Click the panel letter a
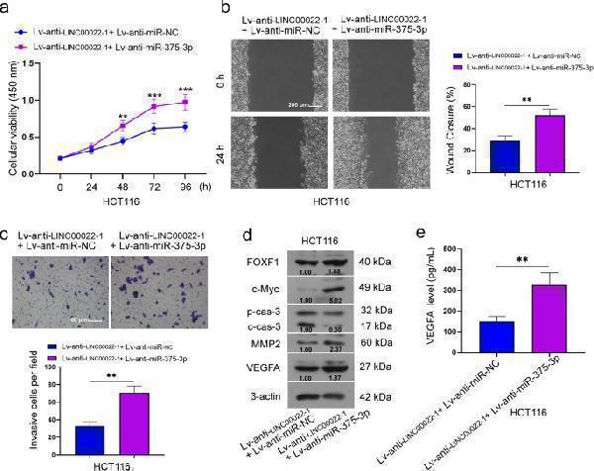tap(8, 8)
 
